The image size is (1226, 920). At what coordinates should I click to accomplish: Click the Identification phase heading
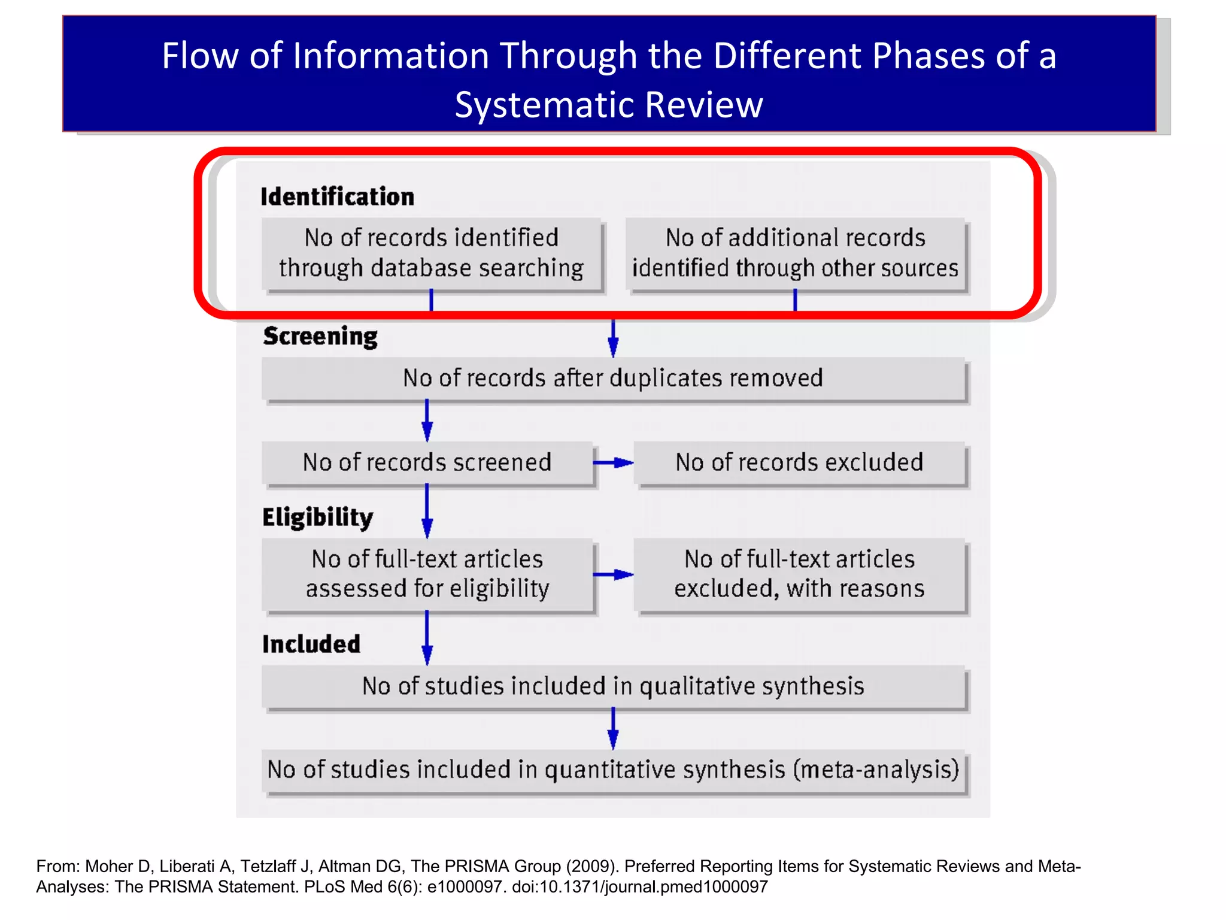click(337, 196)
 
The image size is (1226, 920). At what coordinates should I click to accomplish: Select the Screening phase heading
click(320, 336)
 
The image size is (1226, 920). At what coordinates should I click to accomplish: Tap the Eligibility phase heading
click(317, 517)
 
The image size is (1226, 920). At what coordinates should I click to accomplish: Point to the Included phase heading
click(311, 644)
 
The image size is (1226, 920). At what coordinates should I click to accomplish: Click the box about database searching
click(431, 253)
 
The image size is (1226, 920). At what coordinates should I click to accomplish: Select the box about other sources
click(795, 253)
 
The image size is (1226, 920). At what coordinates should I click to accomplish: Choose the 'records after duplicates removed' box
click(613, 379)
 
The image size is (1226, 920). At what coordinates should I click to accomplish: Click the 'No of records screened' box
click(427, 462)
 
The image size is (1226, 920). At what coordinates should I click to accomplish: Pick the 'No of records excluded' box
click(799, 462)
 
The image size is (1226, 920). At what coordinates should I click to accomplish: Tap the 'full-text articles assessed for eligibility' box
click(427, 574)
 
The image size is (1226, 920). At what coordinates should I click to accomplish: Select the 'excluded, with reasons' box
click(799, 574)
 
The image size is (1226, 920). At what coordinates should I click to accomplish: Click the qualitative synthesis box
click(613, 686)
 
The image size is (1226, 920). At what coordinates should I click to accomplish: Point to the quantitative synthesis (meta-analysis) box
click(613, 770)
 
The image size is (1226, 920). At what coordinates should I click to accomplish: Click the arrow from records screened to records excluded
click(613, 462)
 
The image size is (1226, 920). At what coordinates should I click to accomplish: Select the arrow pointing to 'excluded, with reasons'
click(613, 574)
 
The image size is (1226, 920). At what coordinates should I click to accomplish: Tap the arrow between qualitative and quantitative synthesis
click(613, 728)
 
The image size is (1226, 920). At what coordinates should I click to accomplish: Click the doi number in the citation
click(639, 887)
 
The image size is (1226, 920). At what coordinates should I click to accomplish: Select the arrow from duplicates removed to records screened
click(427, 420)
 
